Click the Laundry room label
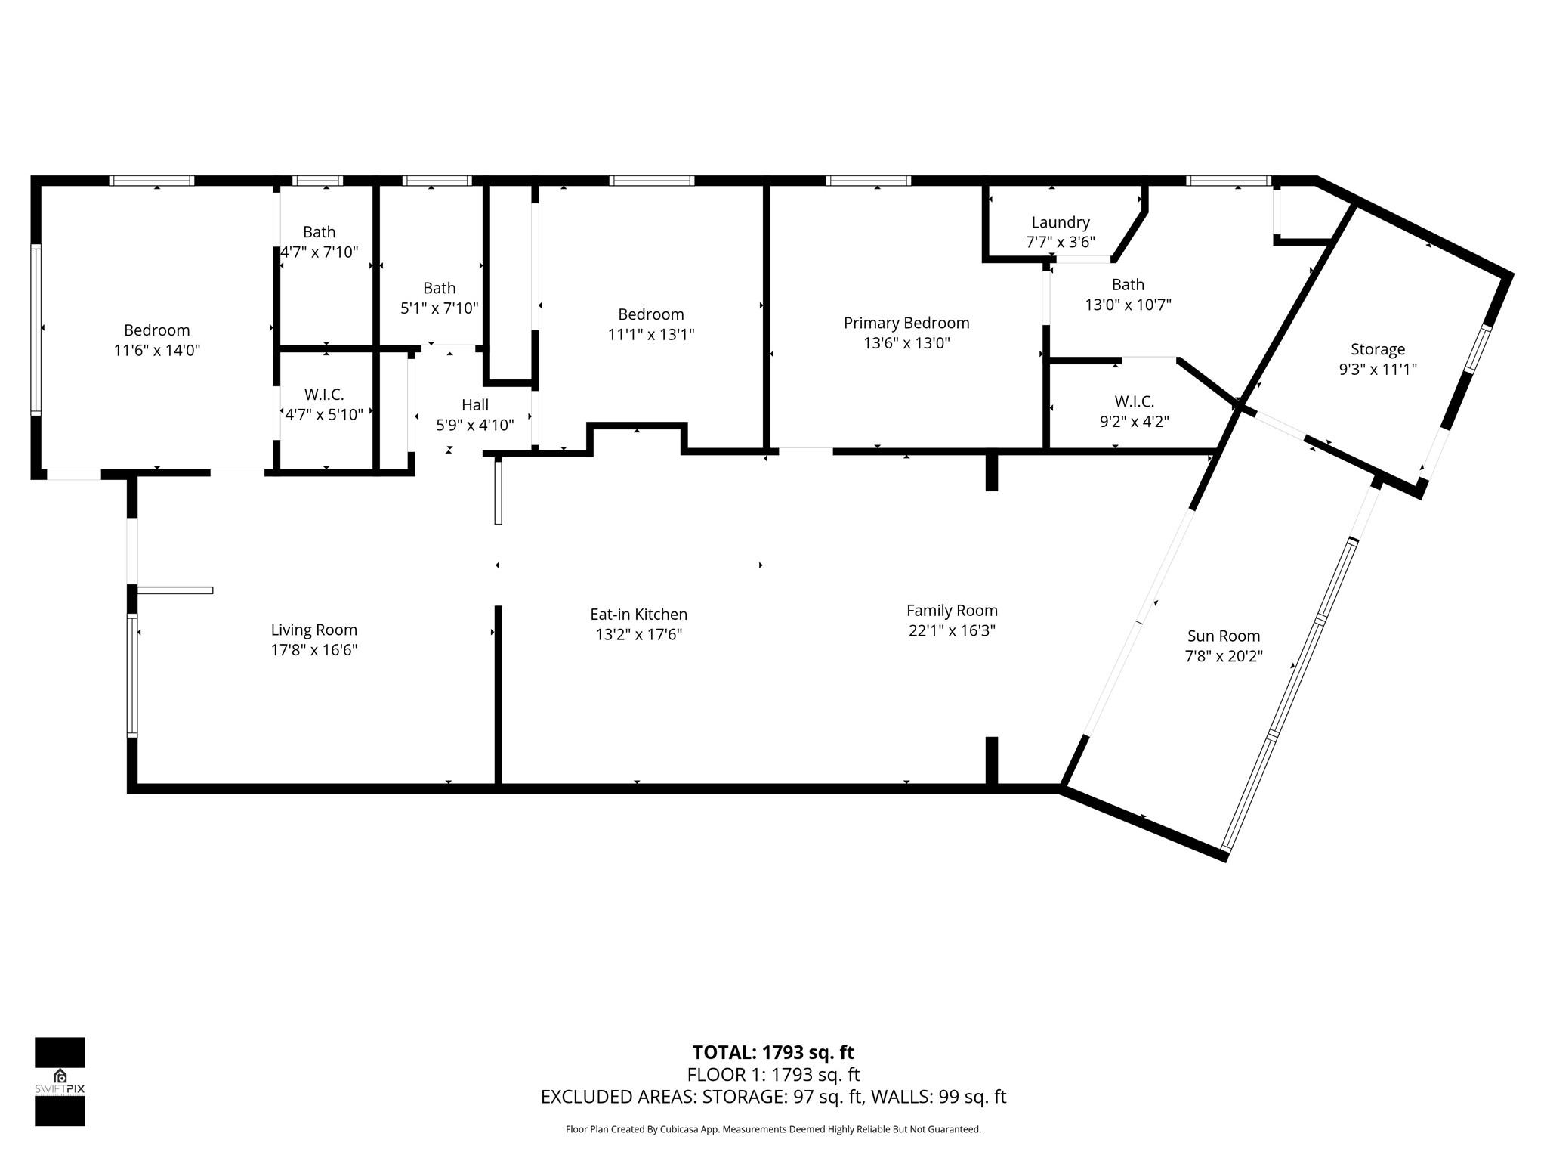pyautogui.click(x=1061, y=222)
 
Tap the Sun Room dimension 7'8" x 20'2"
pyautogui.click(x=1224, y=656)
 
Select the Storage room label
pyautogui.click(x=1378, y=349)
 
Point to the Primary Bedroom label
pyautogui.click(x=906, y=323)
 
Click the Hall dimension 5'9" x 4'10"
pyautogui.click(x=475, y=426)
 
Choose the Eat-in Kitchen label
pyautogui.click(x=638, y=615)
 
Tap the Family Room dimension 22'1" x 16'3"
pyautogui.click(x=952, y=630)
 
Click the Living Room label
pyautogui.click(x=313, y=630)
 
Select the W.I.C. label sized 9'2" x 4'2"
pyautogui.click(x=1134, y=401)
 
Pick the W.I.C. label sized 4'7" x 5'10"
pyautogui.click(x=324, y=395)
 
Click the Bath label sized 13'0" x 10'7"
pyautogui.click(x=1128, y=285)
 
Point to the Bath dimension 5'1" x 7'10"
pyautogui.click(x=440, y=308)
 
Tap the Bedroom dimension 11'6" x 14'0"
pyautogui.click(x=157, y=351)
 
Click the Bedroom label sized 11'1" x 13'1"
pyautogui.click(x=650, y=314)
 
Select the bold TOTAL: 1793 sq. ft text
pyautogui.click(x=773, y=1052)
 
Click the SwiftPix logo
pyautogui.click(x=60, y=1082)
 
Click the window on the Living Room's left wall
pyautogui.click(x=132, y=675)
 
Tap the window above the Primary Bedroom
pyautogui.click(x=868, y=181)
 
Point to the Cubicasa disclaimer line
pyautogui.click(x=773, y=1129)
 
